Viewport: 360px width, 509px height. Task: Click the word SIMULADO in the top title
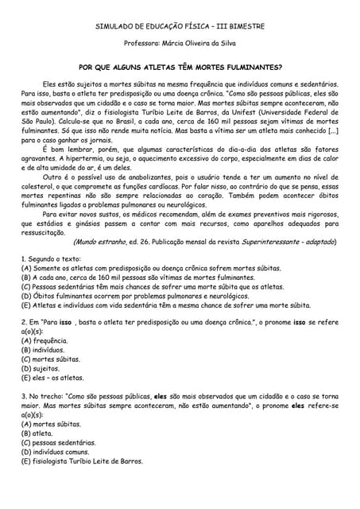113,26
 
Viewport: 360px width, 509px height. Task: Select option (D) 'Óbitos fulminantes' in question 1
135,295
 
